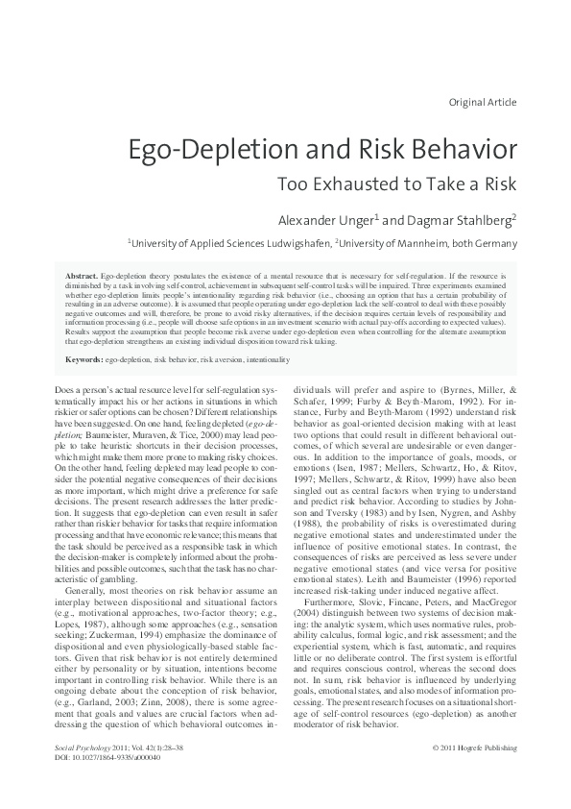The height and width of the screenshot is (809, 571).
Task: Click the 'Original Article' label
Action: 482,102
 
